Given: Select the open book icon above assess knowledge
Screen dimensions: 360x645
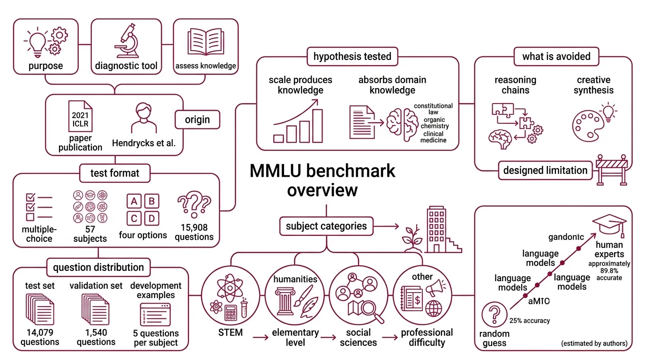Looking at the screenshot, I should point(205,42).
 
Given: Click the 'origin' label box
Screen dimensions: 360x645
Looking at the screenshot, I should point(197,120).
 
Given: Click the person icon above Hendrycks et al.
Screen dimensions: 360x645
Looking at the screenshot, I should point(143,119).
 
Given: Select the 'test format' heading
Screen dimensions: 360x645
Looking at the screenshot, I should point(115,173).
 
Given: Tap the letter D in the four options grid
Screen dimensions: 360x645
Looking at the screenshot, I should point(151,218).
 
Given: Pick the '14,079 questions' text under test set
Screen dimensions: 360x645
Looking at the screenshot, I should point(40,337).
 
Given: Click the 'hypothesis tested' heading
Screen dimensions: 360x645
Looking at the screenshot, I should point(352,56).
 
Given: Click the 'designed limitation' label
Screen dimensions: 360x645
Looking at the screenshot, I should point(545,170).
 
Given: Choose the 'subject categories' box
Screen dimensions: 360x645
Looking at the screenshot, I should point(326,226).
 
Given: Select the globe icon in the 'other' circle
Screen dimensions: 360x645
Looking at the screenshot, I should point(434,308).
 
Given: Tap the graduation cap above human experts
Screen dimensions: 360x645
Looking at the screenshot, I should point(609,225).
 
